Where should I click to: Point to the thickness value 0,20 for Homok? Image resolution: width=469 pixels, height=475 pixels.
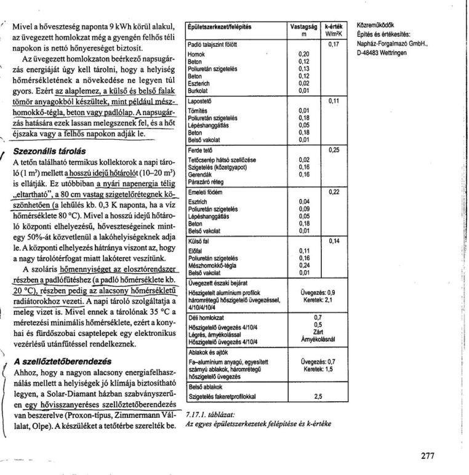[x=303, y=54]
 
